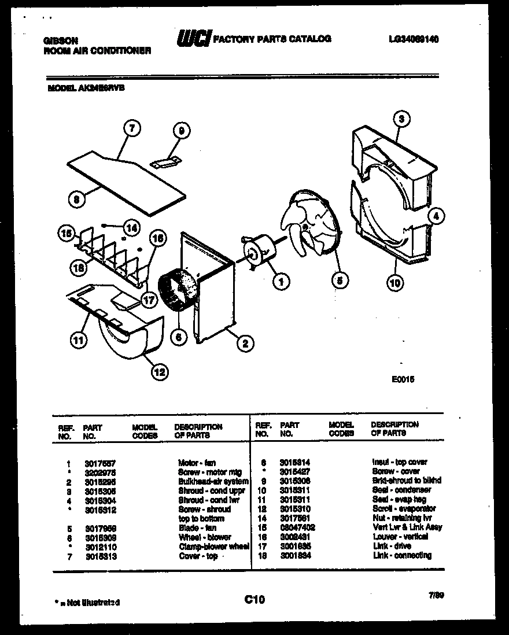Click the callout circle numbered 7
pyautogui.click(x=132, y=129)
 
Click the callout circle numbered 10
pyautogui.click(x=396, y=283)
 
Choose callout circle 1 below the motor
pyautogui.click(x=282, y=282)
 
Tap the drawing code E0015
pyautogui.click(x=403, y=379)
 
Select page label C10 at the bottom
pyautogui.click(x=254, y=600)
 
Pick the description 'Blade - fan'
pyautogui.click(x=197, y=528)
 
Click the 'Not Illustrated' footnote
pyautogui.click(x=87, y=602)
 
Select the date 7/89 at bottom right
pyautogui.click(x=437, y=594)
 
